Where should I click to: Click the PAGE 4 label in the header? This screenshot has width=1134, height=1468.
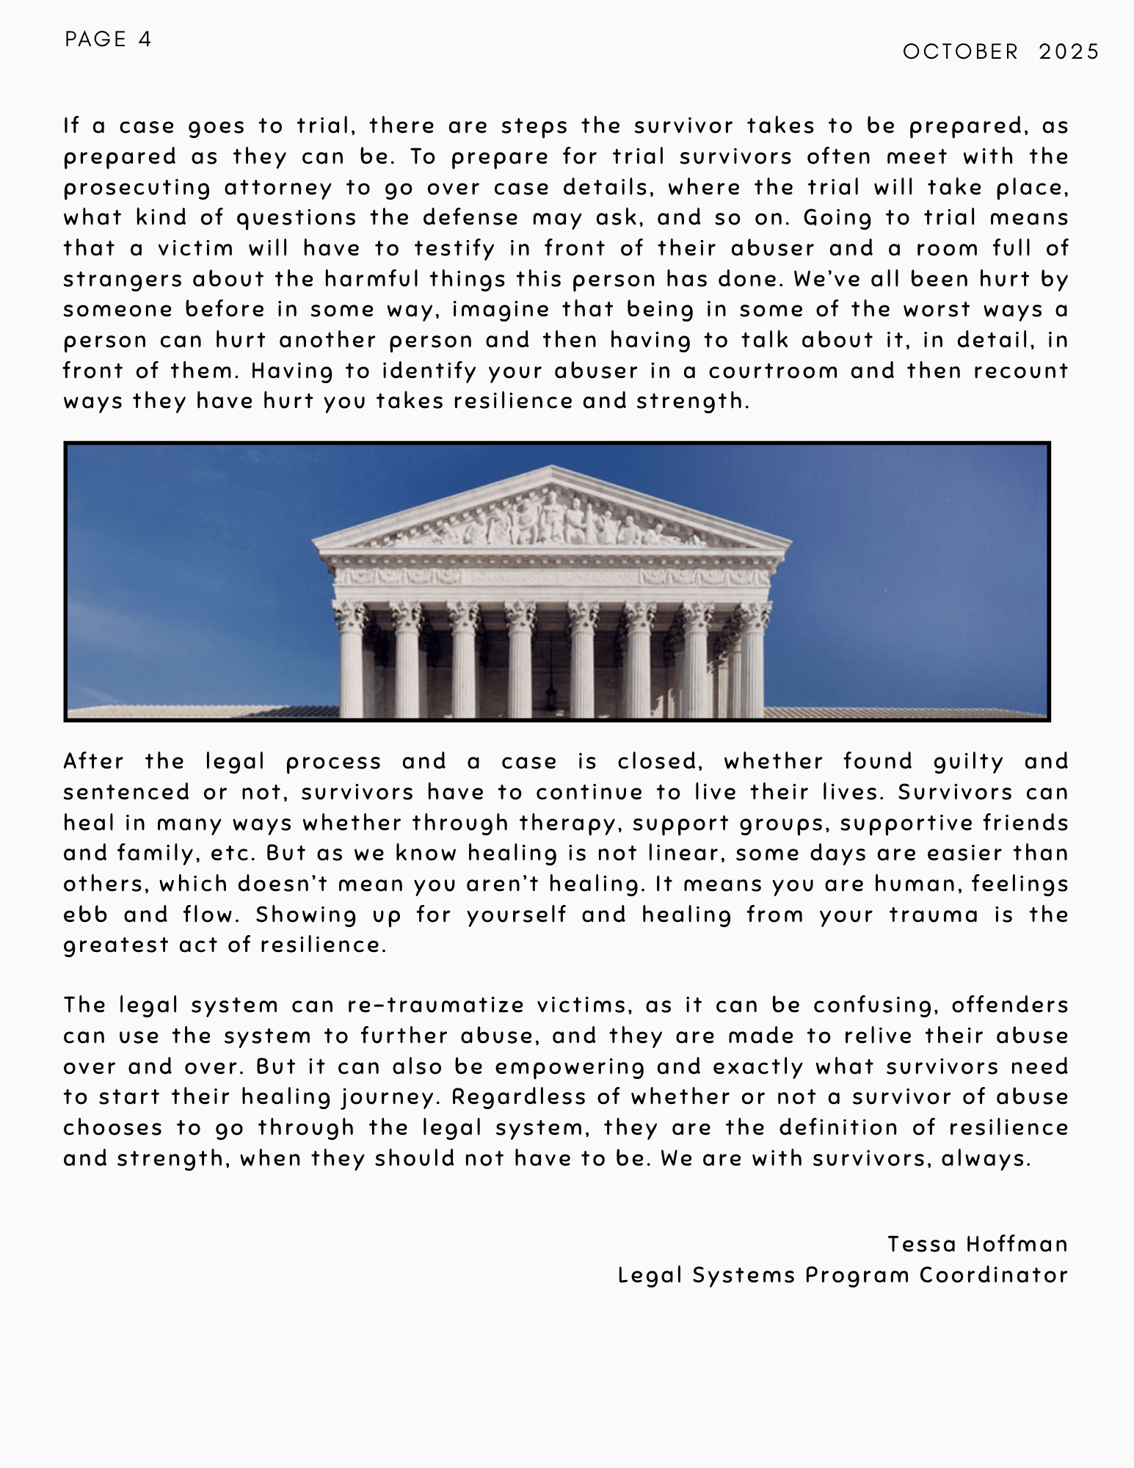click(x=108, y=39)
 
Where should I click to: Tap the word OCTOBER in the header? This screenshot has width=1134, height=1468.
click(x=961, y=51)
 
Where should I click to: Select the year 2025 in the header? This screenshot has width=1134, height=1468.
click(x=1069, y=51)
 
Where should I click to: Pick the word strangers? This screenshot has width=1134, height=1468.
click(x=122, y=279)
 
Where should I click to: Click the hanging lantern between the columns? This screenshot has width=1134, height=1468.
click(x=550, y=690)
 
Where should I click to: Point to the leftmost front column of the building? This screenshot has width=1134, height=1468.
click(x=352, y=661)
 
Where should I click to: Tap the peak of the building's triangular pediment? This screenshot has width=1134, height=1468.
click(x=552, y=468)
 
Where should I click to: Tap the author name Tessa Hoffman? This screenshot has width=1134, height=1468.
click(x=977, y=1244)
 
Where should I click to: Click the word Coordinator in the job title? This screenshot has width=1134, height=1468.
click(x=994, y=1275)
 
